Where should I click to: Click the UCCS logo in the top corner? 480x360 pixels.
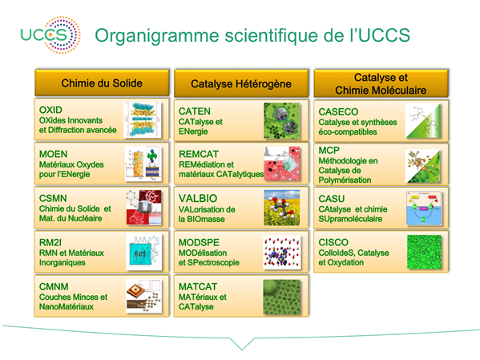tap(50, 35)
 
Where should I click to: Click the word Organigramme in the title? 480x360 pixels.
tap(157, 36)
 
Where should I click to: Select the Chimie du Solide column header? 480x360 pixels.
tap(102, 83)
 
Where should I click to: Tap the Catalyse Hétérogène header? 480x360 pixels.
tap(241, 83)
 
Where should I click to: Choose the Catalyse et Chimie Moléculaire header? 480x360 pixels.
tap(381, 83)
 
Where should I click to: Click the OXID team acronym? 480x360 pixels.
tap(50, 110)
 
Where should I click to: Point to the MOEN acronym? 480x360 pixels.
tap(53, 154)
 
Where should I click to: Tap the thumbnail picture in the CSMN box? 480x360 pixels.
tap(144, 208)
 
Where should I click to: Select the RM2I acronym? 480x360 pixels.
tap(50, 242)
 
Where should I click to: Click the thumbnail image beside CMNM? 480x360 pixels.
tap(144, 296)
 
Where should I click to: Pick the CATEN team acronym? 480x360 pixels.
tap(195, 111)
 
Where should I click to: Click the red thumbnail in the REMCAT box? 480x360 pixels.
tap(282, 164)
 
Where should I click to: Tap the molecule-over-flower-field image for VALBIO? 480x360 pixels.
tap(282, 208)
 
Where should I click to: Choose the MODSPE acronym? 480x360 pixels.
tap(199, 242)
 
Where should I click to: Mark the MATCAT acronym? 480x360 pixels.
tap(198, 286)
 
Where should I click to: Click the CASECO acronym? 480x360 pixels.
tap(338, 111)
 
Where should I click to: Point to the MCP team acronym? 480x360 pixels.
tap(329, 151)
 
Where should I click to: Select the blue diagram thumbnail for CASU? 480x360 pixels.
tap(424, 208)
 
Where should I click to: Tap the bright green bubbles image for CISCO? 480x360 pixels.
tap(424, 252)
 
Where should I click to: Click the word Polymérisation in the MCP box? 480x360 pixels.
tap(345, 180)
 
